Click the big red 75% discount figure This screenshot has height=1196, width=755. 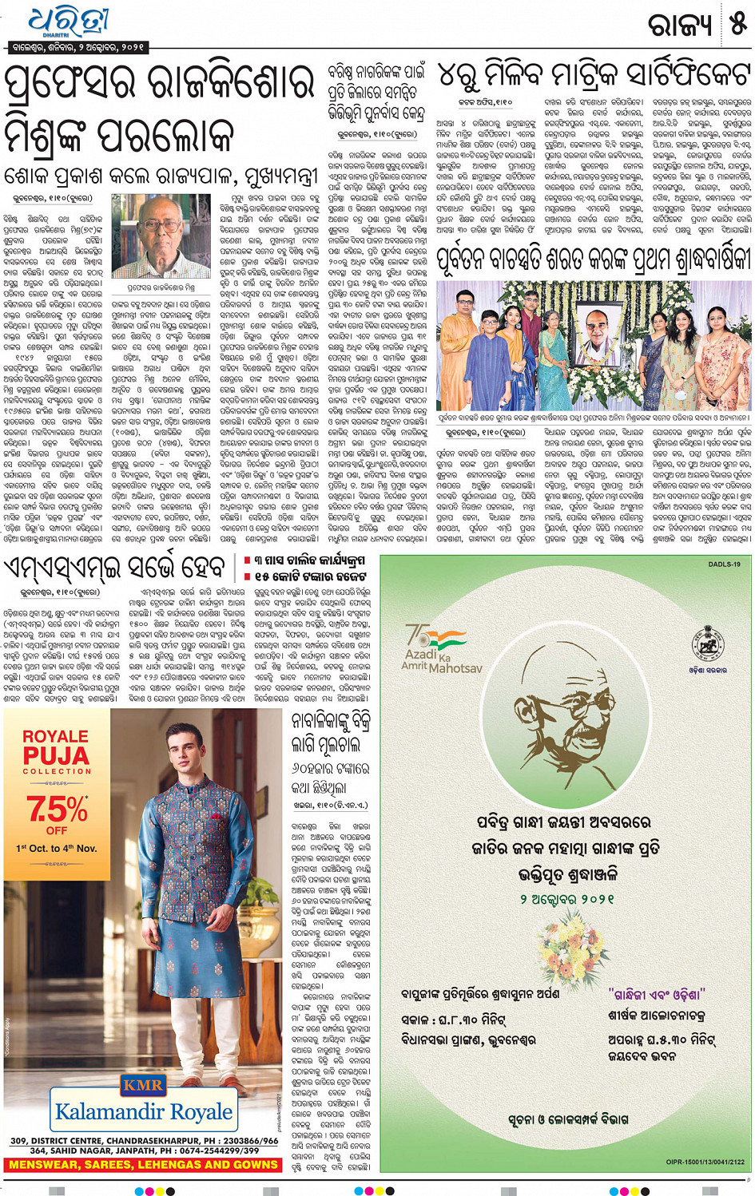(57, 809)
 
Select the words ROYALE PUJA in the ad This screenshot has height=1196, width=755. (56, 747)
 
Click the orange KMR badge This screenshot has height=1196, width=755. (143, 1084)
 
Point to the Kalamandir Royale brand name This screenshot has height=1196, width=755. (144, 1111)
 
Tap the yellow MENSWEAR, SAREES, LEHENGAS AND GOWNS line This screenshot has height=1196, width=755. (143, 1165)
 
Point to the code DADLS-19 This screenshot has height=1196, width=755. (724, 564)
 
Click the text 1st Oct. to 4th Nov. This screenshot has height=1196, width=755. (57, 848)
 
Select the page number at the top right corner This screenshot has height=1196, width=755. (737, 24)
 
